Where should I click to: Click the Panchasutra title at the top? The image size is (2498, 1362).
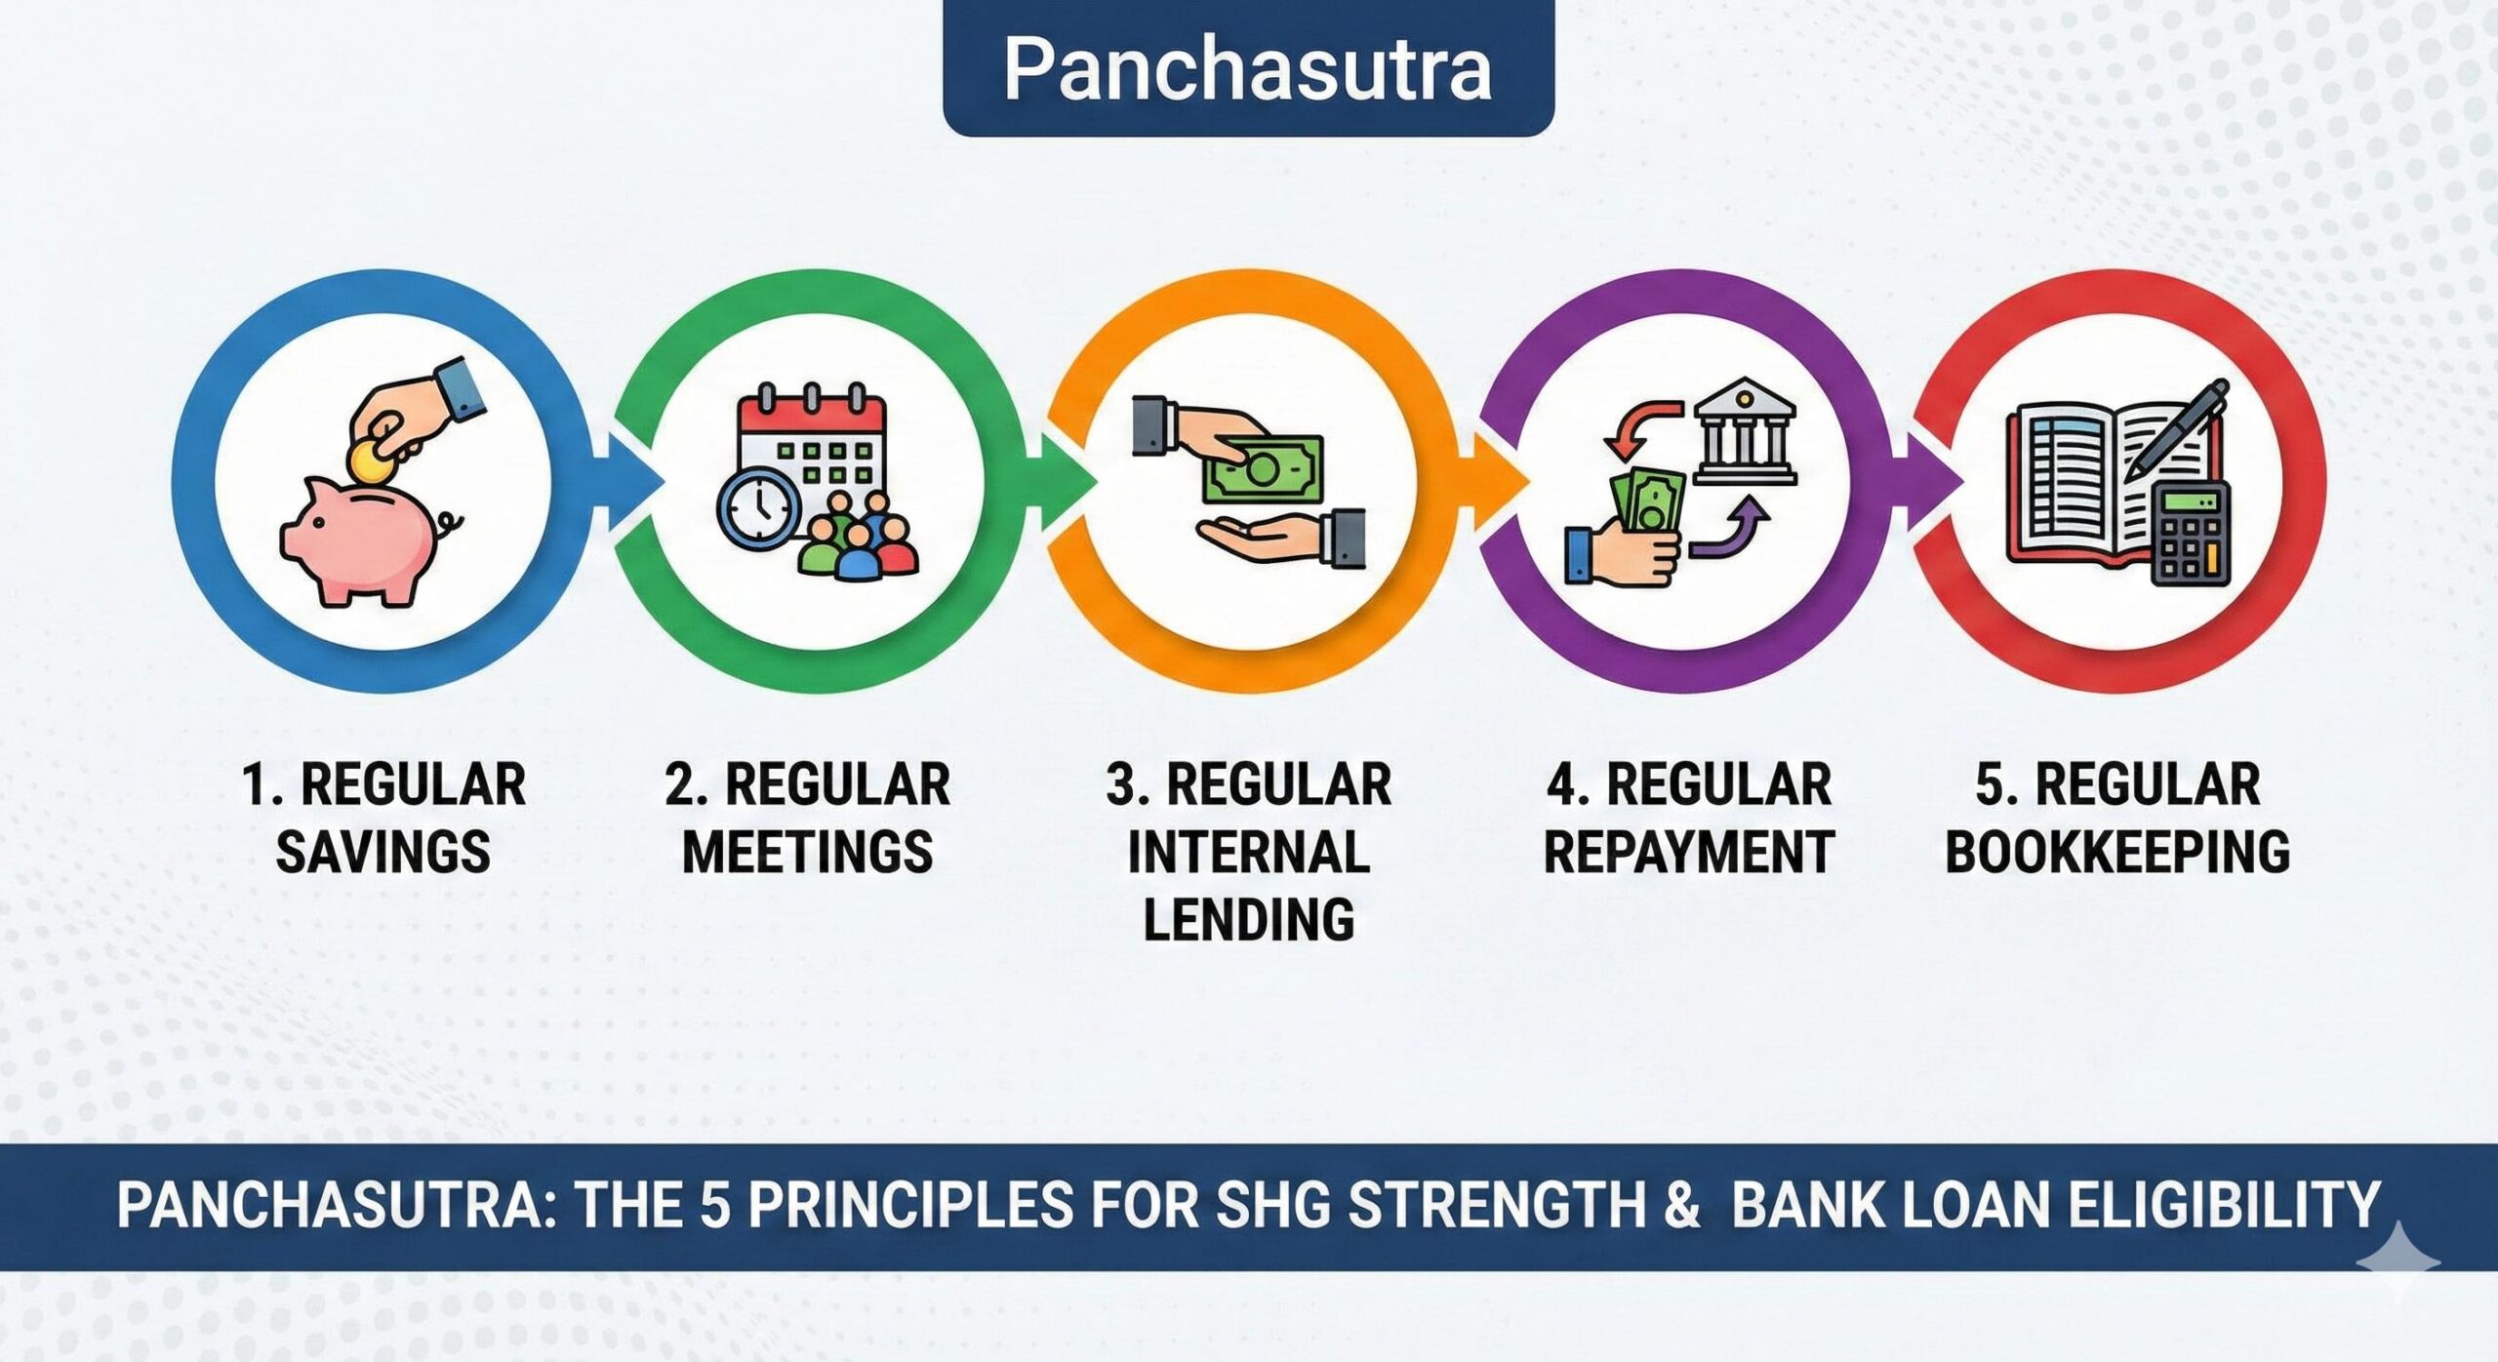click(x=1248, y=68)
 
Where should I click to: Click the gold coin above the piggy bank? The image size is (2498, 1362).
click(x=369, y=458)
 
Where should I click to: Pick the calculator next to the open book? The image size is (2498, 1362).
click(x=2191, y=533)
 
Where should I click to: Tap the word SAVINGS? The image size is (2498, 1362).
click(x=383, y=852)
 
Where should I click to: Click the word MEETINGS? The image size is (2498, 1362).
click(x=807, y=852)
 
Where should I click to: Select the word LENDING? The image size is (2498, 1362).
click(x=1248, y=919)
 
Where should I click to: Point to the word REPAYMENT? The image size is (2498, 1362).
click(x=1688, y=852)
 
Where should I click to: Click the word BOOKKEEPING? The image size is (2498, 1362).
click(x=2117, y=852)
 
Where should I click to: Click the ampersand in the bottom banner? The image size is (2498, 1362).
click(x=1680, y=1206)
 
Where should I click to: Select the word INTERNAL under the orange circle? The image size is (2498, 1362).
click(x=1248, y=852)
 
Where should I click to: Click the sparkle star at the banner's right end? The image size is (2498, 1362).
click(x=2398, y=1260)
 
